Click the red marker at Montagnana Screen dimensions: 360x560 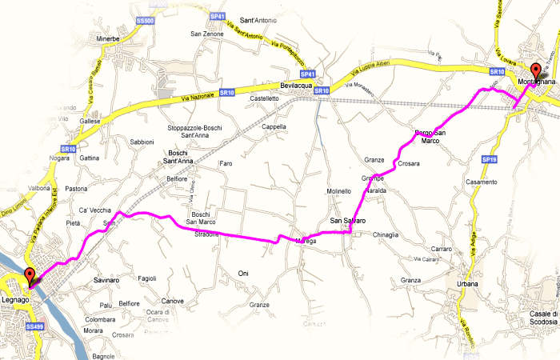tap(535, 69)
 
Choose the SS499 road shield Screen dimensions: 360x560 tap(34, 326)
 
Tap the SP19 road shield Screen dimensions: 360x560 tap(490, 160)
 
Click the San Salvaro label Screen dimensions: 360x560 tap(348, 220)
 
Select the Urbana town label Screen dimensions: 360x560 tap(468, 284)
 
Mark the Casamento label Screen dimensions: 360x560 tap(482, 183)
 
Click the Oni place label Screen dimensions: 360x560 tap(244, 274)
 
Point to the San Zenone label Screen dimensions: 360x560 tap(206, 34)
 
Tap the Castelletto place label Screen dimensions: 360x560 tap(264, 98)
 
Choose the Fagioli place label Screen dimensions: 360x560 tap(147, 278)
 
